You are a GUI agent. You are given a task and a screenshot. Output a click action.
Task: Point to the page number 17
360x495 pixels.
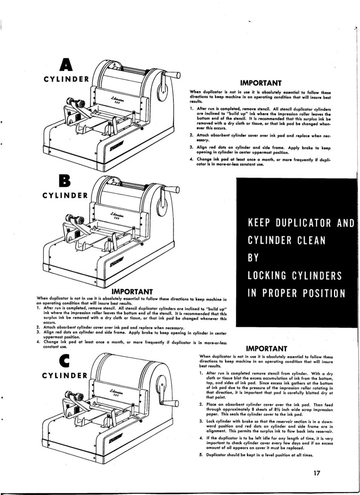tap(317, 473)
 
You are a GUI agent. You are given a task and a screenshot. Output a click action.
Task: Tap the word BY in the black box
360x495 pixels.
tap(253, 258)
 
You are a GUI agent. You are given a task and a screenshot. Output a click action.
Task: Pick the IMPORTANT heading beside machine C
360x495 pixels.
tap(266, 348)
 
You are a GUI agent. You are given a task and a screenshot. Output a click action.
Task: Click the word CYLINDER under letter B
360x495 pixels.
tap(65, 195)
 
